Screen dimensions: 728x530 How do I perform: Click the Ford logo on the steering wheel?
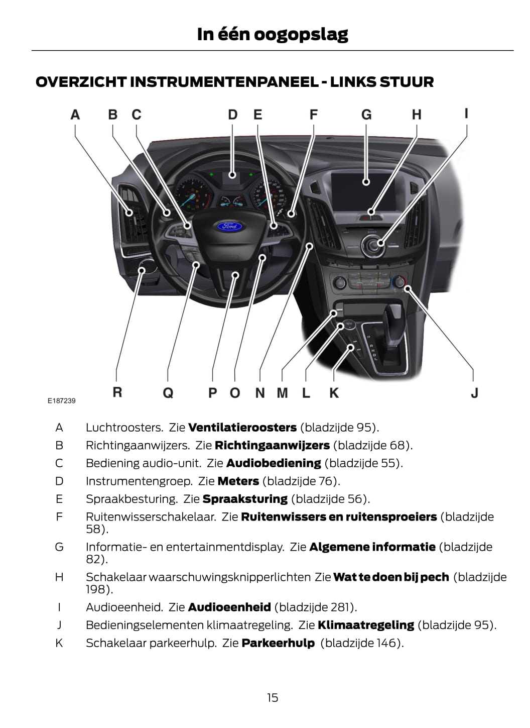[x=230, y=226]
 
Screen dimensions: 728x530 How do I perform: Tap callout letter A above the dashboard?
[x=75, y=115]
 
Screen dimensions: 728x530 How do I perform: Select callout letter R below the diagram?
[x=117, y=392]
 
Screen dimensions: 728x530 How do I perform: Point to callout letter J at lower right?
[x=474, y=392]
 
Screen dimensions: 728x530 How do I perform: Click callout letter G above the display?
[x=366, y=115]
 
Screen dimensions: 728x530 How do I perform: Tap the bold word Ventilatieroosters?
[x=242, y=428]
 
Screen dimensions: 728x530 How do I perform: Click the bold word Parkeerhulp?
[x=278, y=643]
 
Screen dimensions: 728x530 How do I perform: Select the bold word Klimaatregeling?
[x=366, y=625]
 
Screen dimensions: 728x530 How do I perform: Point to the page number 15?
[x=272, y=697]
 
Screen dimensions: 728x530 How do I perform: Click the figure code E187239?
[x=62, y=400]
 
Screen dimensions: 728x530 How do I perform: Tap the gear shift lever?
[x=392, y=327]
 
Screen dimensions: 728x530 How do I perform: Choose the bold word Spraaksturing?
[x=245, y=499]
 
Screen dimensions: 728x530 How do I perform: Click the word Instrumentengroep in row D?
[x=139, y=481]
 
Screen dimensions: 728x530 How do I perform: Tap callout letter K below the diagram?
[x=334, y=392]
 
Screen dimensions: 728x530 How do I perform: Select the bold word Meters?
[x=238, y=481]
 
